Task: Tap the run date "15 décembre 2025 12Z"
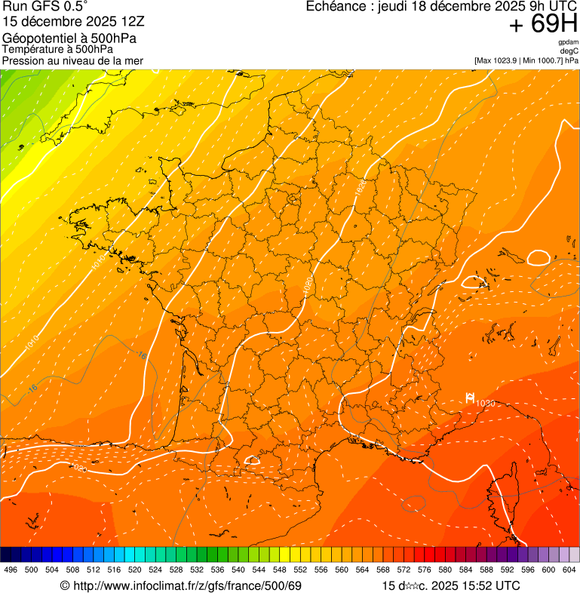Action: [69, 21]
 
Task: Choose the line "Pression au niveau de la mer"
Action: [72, 60]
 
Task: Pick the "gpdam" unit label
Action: [568, 42]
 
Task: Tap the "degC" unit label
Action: [569, 51]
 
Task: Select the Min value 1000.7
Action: [548, 60]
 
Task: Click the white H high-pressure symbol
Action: [469, 398]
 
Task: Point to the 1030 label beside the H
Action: [485, 404]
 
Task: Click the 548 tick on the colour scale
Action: [280, 570]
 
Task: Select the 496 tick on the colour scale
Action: [11, 570]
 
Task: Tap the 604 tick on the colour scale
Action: [569, 570]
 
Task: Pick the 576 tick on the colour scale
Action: [425, 570]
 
